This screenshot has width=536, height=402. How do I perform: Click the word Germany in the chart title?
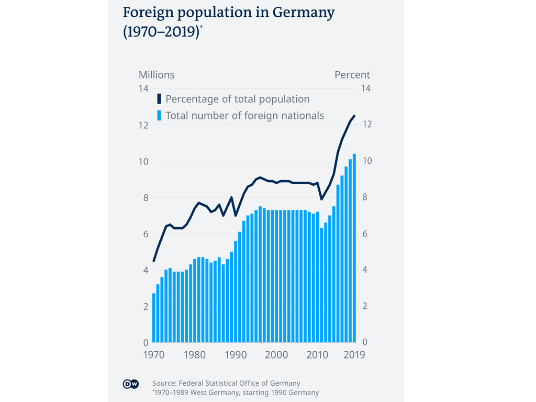[x=300, y=13]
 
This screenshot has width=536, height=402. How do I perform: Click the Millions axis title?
[x=157, y=75]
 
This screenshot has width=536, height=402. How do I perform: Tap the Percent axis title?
[x=352, y=75]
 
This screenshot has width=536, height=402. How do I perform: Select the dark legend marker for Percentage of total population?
[x=159, y=99]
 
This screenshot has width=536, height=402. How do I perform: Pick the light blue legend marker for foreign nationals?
[x=159, y=116]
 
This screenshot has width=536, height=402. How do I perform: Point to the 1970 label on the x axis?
[x=154, y=355]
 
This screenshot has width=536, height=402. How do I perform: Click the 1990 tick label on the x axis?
[x=236, y=355]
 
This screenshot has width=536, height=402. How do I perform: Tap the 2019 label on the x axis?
[x=354, y=355]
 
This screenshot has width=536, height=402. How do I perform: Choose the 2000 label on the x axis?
[x=277, y=355]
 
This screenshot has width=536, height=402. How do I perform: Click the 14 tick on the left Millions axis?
[x=143, y=88]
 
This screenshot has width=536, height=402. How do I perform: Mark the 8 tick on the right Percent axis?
[x=366, y=197]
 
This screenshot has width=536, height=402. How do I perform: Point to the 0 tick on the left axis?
[x=146, y=342]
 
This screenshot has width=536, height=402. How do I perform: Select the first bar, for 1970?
[x=154, y=318]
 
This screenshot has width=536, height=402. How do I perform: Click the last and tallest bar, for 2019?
[x=354, y=248]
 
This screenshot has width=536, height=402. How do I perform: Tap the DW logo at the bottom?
[x=130, y=385]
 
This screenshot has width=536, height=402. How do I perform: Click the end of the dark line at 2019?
[x=354, y=116]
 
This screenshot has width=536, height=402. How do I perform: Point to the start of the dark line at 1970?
[x=154, y=261]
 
